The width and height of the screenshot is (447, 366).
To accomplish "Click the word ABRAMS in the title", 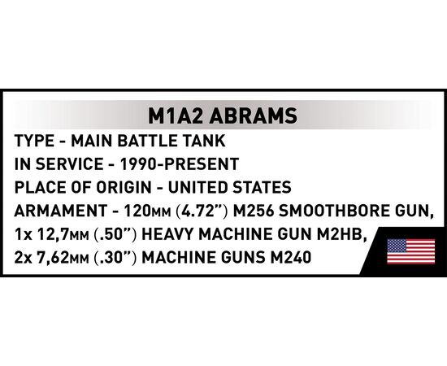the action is [x=253, y=115].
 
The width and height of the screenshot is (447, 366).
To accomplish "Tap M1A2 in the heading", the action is [x=176, y=115].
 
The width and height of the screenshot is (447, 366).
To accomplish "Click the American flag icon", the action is [x=410, y=251].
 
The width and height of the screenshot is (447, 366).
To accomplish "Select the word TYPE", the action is [x=34, y=141].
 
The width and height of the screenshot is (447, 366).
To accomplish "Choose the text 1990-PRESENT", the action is [x=180, y=164].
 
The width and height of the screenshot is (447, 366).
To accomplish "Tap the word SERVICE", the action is [x=70, y=164].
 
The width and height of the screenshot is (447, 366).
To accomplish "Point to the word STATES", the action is [x=262, y=188].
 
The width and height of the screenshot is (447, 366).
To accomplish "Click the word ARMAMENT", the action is [x=60, y=211].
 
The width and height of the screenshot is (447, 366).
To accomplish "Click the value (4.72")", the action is [x=202, y=211].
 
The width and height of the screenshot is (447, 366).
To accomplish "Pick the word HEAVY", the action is [x=167, y=234].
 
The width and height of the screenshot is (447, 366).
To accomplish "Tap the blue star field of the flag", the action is [x=397, y=246].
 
